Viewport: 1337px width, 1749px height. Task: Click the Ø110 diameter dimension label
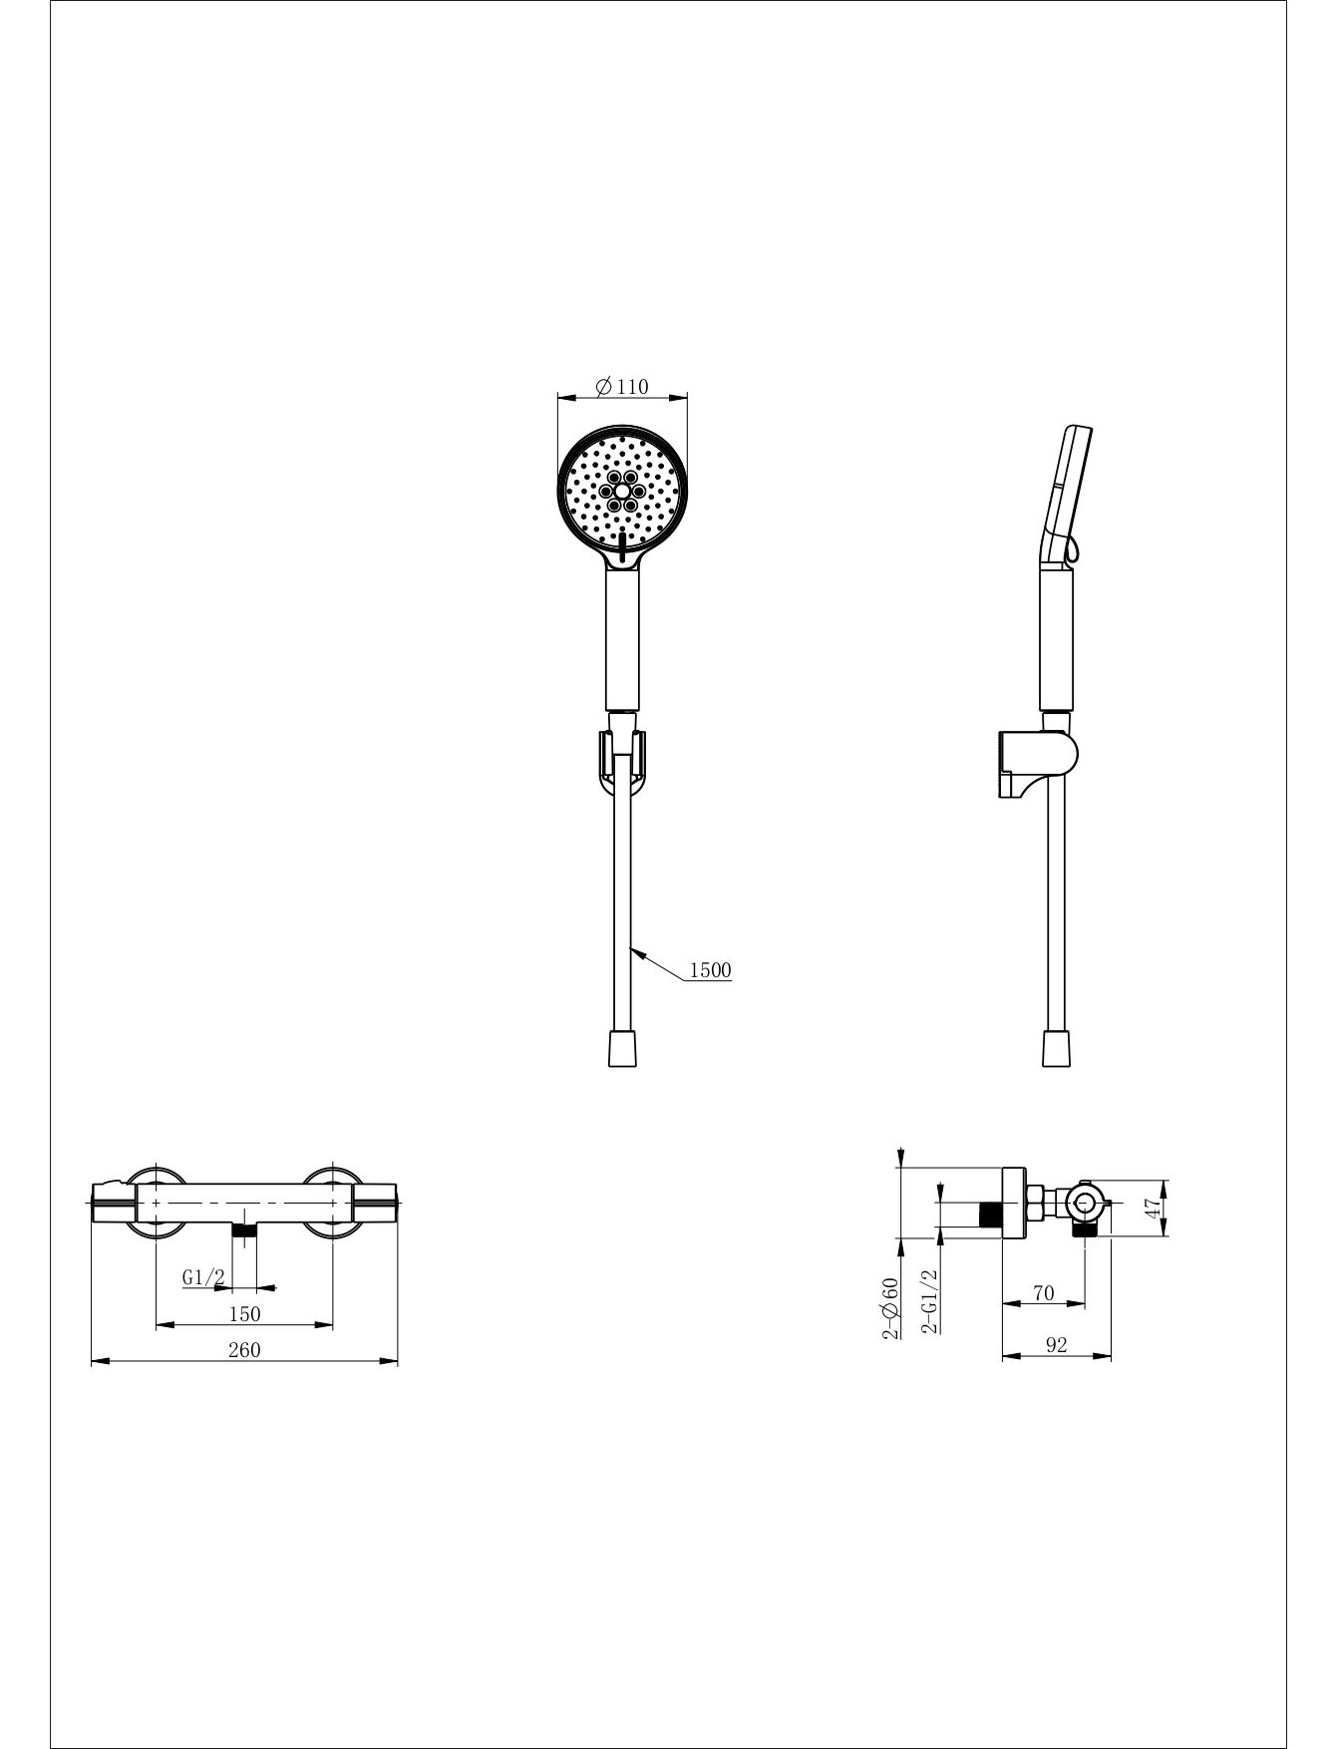(x=622, y=386)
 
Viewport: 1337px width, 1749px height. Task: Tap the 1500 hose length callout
(x=710, y=970)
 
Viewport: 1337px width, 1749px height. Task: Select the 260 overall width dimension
(x=244, y=1349)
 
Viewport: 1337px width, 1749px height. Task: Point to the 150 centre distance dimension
(x=244, y=1314)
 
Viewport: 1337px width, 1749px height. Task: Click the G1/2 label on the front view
(x=203, y=1277)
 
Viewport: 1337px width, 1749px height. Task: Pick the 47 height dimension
(x=1153, y=1208)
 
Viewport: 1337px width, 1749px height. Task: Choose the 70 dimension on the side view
(x=1043, y=1292)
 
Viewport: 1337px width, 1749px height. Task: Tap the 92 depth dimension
(x=1057, y=1345)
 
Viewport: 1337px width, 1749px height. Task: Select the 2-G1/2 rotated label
(x=930, y=1301)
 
